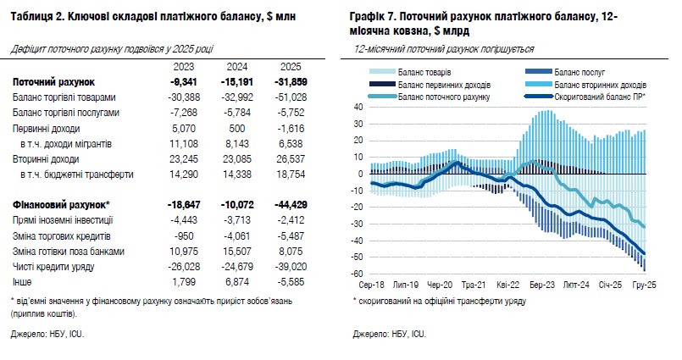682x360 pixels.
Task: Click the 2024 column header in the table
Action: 237,66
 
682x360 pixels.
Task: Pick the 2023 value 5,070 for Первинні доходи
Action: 184,128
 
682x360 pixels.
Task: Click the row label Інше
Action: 23,282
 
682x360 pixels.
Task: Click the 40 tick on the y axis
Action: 358,108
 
